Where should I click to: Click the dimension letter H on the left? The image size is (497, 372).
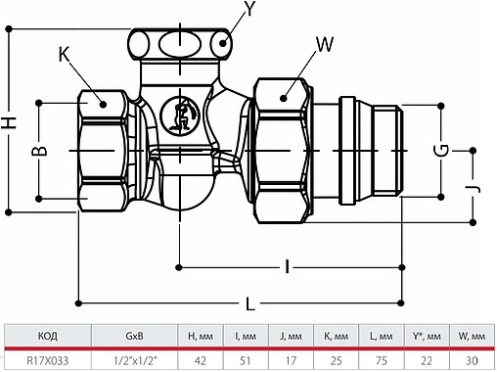tap(11, 123)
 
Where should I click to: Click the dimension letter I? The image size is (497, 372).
tap(288, 265)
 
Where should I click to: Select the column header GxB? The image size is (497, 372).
tap(135, 337)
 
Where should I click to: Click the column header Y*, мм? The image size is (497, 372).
tap(425, 337)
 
